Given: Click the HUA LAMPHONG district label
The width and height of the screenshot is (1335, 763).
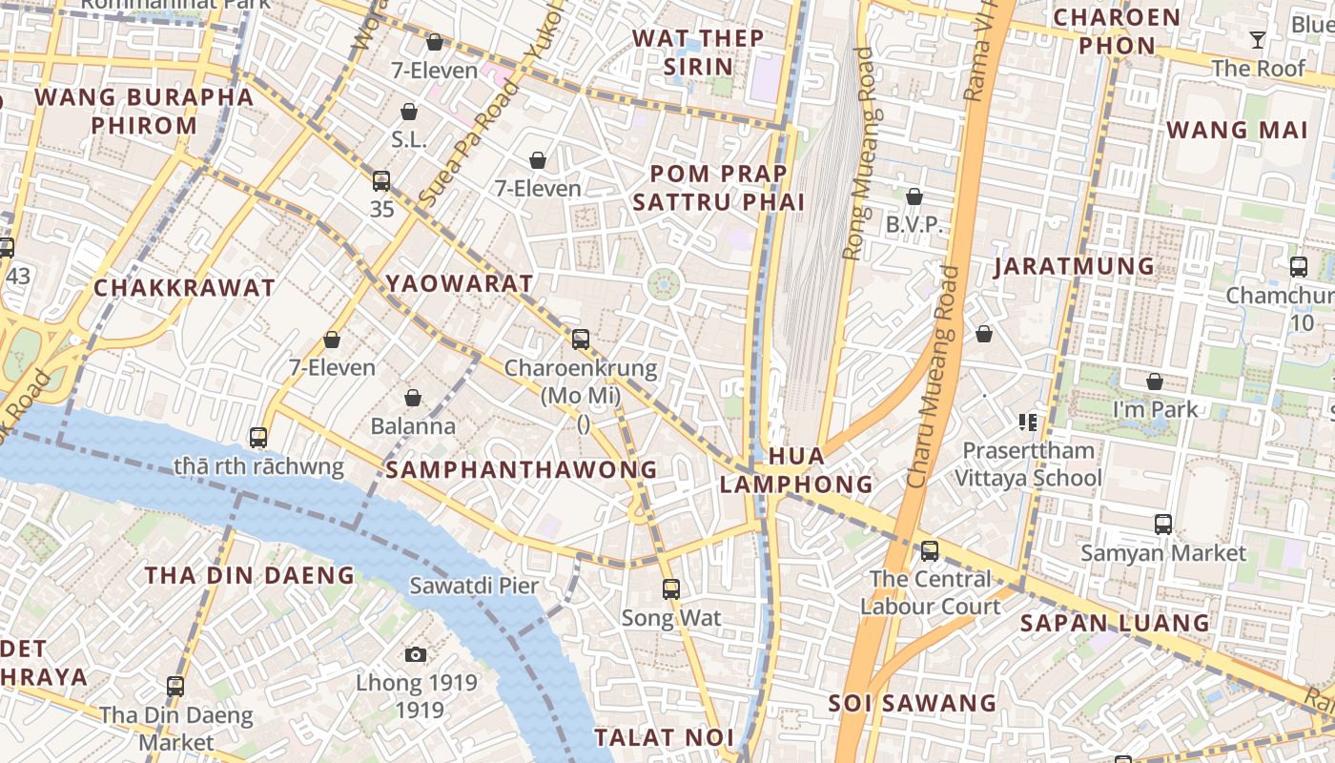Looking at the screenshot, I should (x=796, y=469).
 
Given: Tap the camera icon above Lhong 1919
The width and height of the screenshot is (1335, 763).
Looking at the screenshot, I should (x=415, y=654).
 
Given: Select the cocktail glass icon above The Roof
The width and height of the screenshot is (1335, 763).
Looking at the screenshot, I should (x=1258, y=40).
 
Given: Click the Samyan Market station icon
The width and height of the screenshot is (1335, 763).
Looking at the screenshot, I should (x=1162, y=524).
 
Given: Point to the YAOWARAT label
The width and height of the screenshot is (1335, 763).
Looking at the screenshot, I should (x=460, y=283).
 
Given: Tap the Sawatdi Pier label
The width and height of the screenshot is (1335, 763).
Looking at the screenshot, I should (x=474, y=586).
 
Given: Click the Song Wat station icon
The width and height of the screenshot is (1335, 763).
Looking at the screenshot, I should (x=671, y=589).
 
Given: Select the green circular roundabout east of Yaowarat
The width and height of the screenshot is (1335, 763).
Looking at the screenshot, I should (x=664, y=283).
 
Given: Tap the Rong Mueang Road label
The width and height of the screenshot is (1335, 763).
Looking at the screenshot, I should (x=858, y=153).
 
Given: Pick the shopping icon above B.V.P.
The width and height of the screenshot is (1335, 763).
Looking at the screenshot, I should (x=914, y=196).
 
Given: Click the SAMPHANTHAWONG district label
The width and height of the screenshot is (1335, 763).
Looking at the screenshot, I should (x=522, y=469).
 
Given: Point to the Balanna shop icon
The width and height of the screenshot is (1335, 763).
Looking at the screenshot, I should (x=413, y=398).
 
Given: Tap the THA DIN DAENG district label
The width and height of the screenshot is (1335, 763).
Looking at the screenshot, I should (x=250, y=575).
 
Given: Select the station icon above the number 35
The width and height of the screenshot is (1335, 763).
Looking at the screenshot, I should (x=381, y=180).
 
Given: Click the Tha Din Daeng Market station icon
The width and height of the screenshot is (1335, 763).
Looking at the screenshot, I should (x=175, y=686).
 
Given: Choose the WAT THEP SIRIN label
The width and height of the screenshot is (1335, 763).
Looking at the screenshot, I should (x=698, y=52).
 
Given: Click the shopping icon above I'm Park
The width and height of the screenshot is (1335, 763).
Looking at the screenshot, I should (x=1155, y=381).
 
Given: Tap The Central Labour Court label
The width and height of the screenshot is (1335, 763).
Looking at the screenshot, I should (x=931, y=592).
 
